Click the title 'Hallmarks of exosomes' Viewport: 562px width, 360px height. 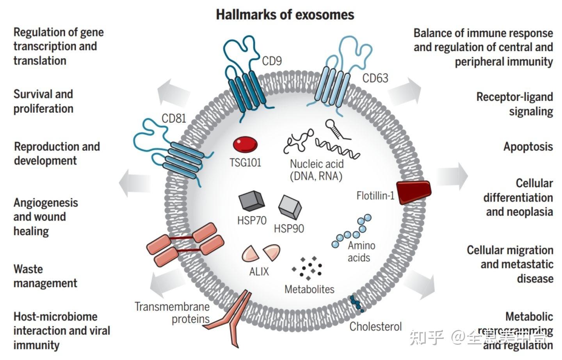(x=285, y=14)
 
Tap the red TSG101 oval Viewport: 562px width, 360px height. (x=245, y=144)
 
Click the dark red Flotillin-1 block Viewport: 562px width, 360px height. (x=414, y=192)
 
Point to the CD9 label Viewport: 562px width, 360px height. (x=272, y=61)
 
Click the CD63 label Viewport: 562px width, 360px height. (x=375, y=78)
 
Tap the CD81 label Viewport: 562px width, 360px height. (x=174, y=118)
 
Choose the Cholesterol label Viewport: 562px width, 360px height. (x=375, y=326)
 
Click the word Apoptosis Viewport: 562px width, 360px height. (x=528, y=147)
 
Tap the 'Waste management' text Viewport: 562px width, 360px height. (x=45, y=276)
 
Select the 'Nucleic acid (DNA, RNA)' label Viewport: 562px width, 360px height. (x=316, y=170)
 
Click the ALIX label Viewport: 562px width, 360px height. (x=259, y=271)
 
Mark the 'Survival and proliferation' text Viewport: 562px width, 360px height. (x=43, y=101)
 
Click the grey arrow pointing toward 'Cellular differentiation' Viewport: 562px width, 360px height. (x=452, y=176)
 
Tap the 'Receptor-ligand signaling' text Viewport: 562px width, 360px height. (x=514, y=104)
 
